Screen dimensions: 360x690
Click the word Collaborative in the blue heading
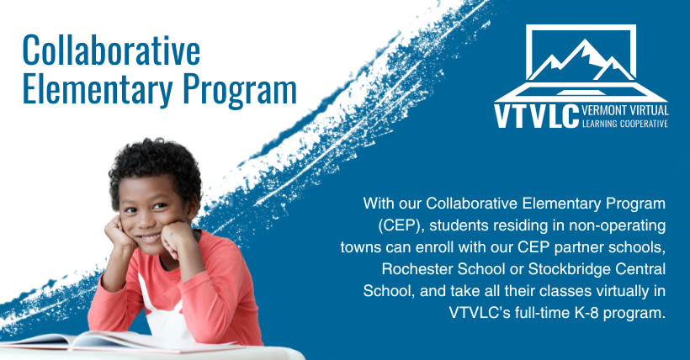pos(111,50)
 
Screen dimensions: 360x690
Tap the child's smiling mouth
pos(150,238)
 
